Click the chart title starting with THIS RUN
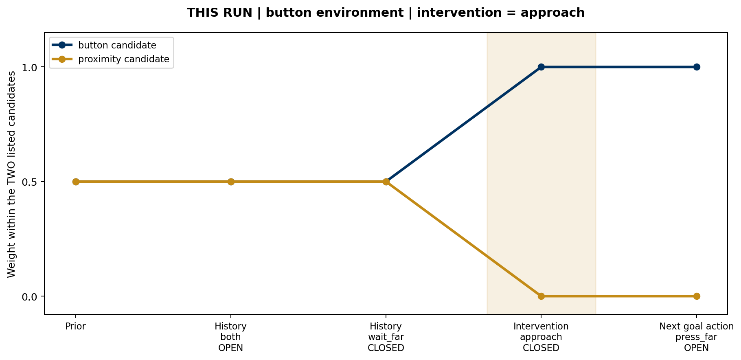click(386, 13)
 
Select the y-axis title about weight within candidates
click(11, 174)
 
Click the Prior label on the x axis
click(76, 327)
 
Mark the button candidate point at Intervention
click(541, 67)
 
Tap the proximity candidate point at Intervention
click(541, 296)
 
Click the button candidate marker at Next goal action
click(697, 67)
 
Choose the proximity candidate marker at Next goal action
click(697, 296)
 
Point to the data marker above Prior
click(76, 182)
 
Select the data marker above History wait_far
click(386, 182)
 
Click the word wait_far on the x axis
click(386, 337)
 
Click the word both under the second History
click(231, 337)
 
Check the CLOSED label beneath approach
click(541, 348)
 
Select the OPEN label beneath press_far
click(697, 348)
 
